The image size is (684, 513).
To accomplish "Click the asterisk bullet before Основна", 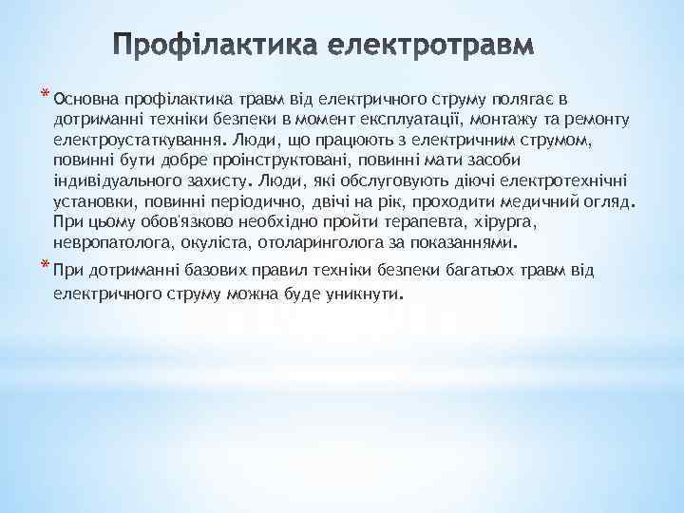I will (46, 93).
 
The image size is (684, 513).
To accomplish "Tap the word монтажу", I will (508, 119).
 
